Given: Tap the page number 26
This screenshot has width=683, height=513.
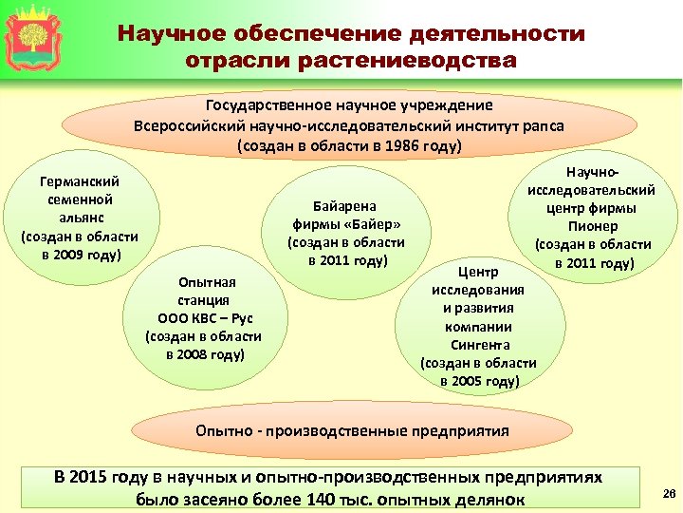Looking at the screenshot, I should (666, 492).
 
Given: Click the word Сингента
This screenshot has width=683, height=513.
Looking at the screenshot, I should (480, 345).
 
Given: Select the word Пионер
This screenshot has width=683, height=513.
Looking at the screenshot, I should (593, 226).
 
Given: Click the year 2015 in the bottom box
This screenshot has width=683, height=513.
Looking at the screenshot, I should (90, 478).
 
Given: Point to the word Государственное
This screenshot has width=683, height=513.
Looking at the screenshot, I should (268, 106).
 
